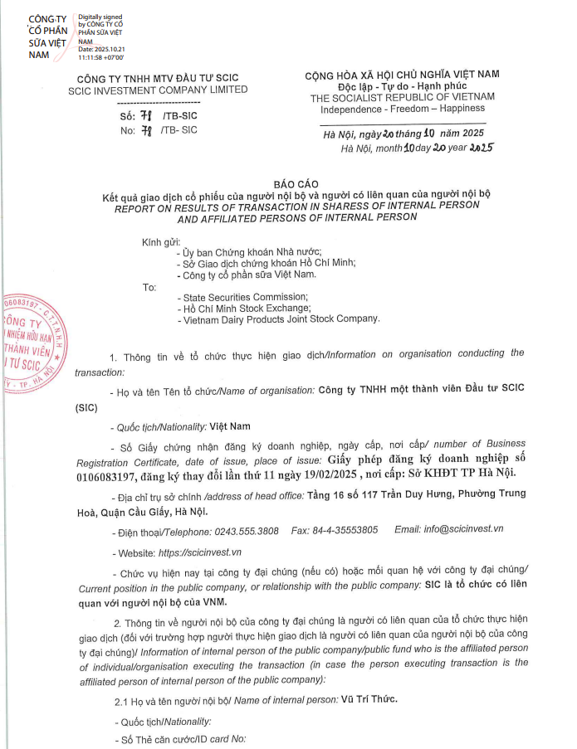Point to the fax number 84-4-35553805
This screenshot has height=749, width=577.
click(345, 529)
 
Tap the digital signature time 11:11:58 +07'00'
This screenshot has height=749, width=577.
click(100, 57)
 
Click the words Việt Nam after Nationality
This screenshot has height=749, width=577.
click(230, 427)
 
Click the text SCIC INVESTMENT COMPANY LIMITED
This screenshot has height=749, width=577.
click(158, 90)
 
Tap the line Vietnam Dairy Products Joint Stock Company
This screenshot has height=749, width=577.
click(279, 319)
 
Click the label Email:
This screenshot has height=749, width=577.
click(408, 529)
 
